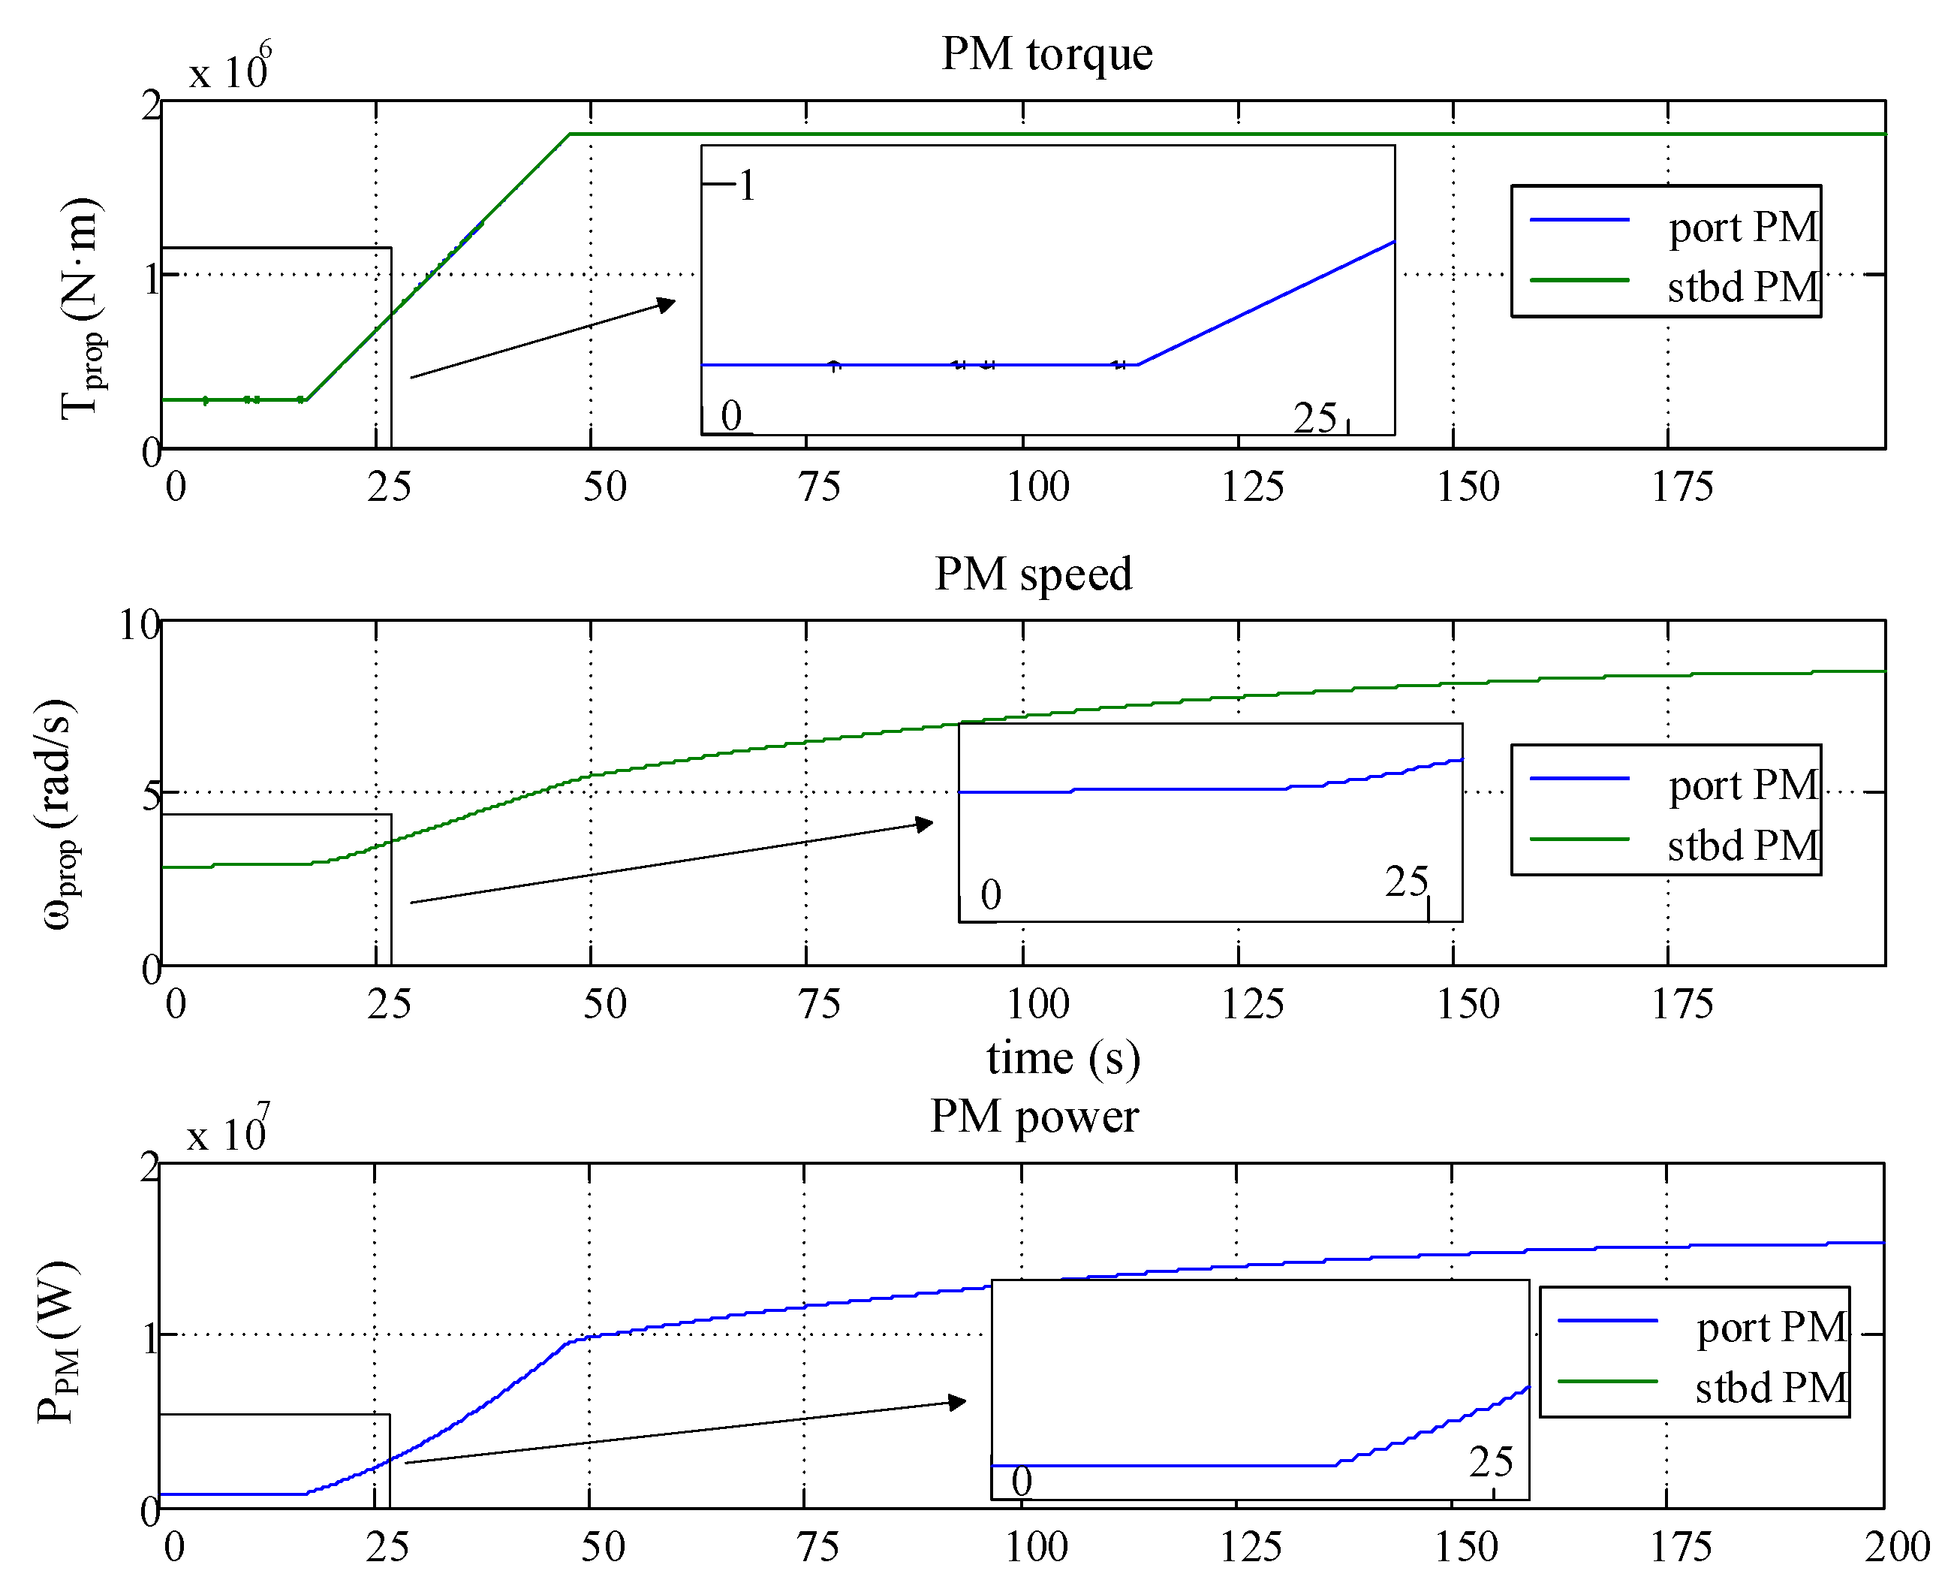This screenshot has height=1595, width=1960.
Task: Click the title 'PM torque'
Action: point(1046,54)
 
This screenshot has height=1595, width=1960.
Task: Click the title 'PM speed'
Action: point(1032,574)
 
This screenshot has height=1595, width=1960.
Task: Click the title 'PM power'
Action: point(1034,1117)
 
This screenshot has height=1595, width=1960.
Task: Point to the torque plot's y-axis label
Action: point(81,309)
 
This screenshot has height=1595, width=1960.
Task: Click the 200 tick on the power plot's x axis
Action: point(1897,1547)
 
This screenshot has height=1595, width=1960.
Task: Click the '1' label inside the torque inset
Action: point(747,185)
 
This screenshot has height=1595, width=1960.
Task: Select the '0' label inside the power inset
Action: point(1022,1481)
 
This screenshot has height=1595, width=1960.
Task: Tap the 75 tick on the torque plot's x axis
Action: point(819,487)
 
